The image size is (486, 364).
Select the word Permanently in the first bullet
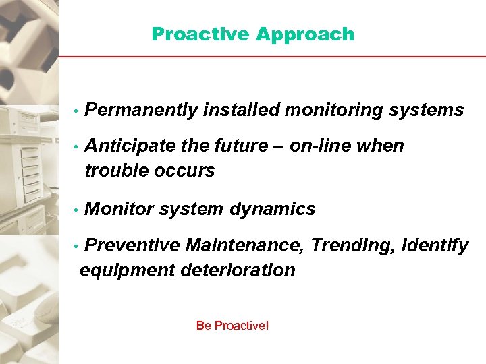[141, 110]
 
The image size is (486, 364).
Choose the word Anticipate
[132, 146]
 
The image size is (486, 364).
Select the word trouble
[113, 171]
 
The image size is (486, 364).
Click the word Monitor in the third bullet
[119, 209]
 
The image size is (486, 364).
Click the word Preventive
[132, 245]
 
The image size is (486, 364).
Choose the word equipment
[127, 270]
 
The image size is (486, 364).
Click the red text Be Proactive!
[232, 326]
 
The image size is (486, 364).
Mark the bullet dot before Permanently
[78, 111]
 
